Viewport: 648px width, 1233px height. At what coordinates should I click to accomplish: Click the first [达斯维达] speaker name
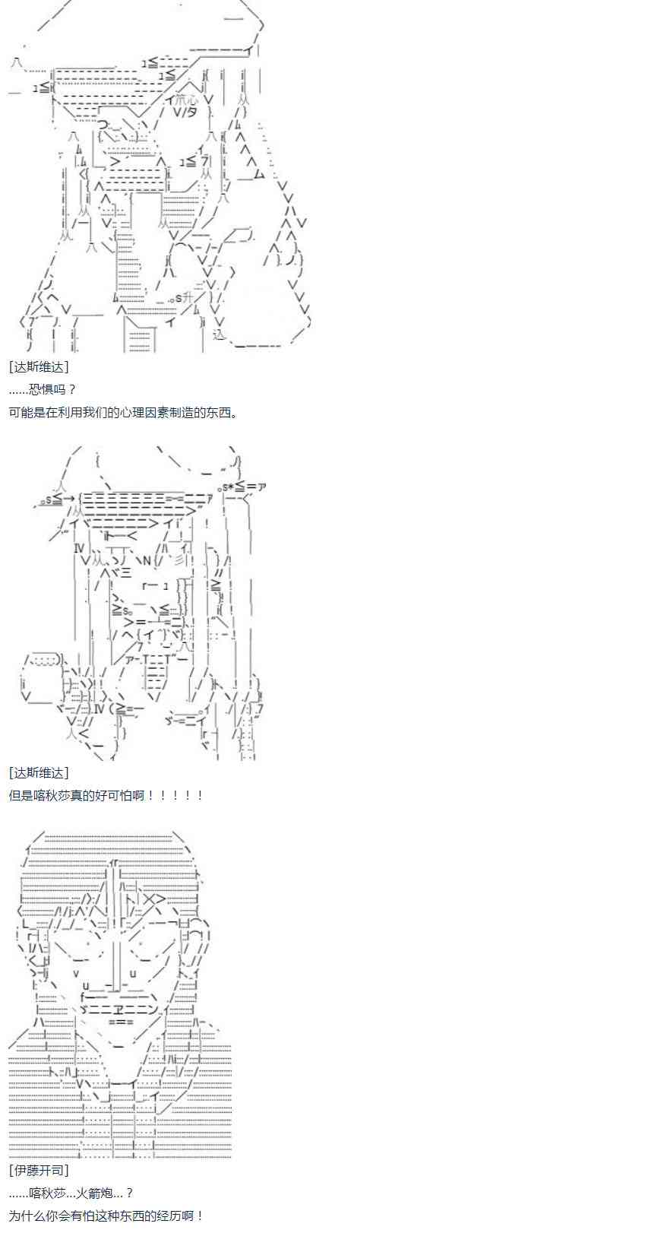coord(39,366)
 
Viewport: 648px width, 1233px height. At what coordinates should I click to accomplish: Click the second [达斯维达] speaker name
coord(39,772)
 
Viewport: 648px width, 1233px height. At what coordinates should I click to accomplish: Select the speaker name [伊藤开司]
coord(39,1170)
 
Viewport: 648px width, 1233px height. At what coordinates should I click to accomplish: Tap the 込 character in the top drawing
coord(220,333)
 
